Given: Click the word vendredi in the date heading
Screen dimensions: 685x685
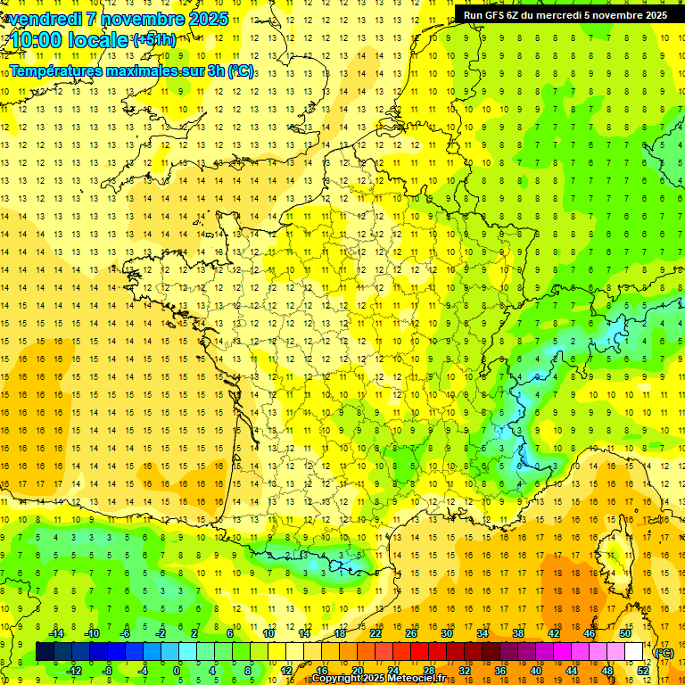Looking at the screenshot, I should click(x=45, y=19).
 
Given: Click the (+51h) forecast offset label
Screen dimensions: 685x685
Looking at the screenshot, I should click(x=154, y=39).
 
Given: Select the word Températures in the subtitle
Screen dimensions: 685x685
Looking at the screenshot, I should click(x=60, y=70).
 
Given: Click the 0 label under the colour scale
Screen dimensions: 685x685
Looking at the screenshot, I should click(x=176, y=671).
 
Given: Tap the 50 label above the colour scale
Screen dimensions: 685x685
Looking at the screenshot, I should click(x=625, y=632).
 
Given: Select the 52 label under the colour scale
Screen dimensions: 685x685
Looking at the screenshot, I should click(x=643, y=671).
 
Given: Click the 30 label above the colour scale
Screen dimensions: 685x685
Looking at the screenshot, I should click(x=447, y=632).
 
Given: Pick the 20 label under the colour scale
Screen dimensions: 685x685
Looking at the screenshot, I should click(x=357, y=671).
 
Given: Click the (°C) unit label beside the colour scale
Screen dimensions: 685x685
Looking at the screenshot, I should click(x=664, y=653).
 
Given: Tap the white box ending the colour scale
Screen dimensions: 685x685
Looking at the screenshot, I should click(x=634, y=652).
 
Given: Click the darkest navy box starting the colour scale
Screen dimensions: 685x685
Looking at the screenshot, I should click(x=45, y=652).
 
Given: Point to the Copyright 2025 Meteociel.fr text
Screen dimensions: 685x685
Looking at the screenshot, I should click(x=378, y=679).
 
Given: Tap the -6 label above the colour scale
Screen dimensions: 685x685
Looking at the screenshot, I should click(x=126, y=632).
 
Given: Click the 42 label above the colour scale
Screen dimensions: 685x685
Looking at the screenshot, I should click(x=554, y=632).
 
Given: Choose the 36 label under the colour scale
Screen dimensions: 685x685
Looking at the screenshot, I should click(x=499, y=671).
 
